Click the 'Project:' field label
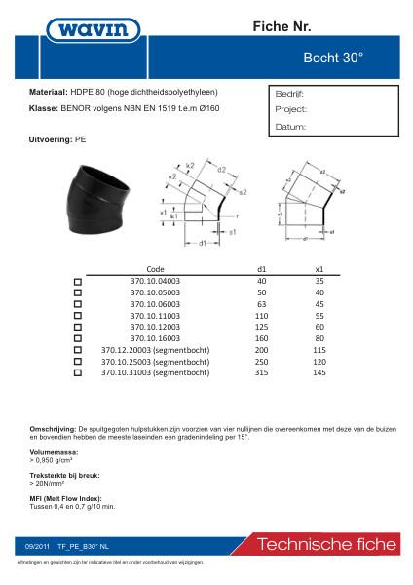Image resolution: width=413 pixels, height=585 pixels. pos(291,110)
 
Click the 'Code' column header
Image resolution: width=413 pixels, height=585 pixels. pos(155,268)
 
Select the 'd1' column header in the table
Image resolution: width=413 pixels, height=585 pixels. pos(261,268)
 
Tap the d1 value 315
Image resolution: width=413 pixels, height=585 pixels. pos(261,372)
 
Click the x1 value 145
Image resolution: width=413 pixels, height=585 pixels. pos(319,372)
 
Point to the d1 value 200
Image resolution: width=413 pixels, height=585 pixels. pos(261,349)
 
